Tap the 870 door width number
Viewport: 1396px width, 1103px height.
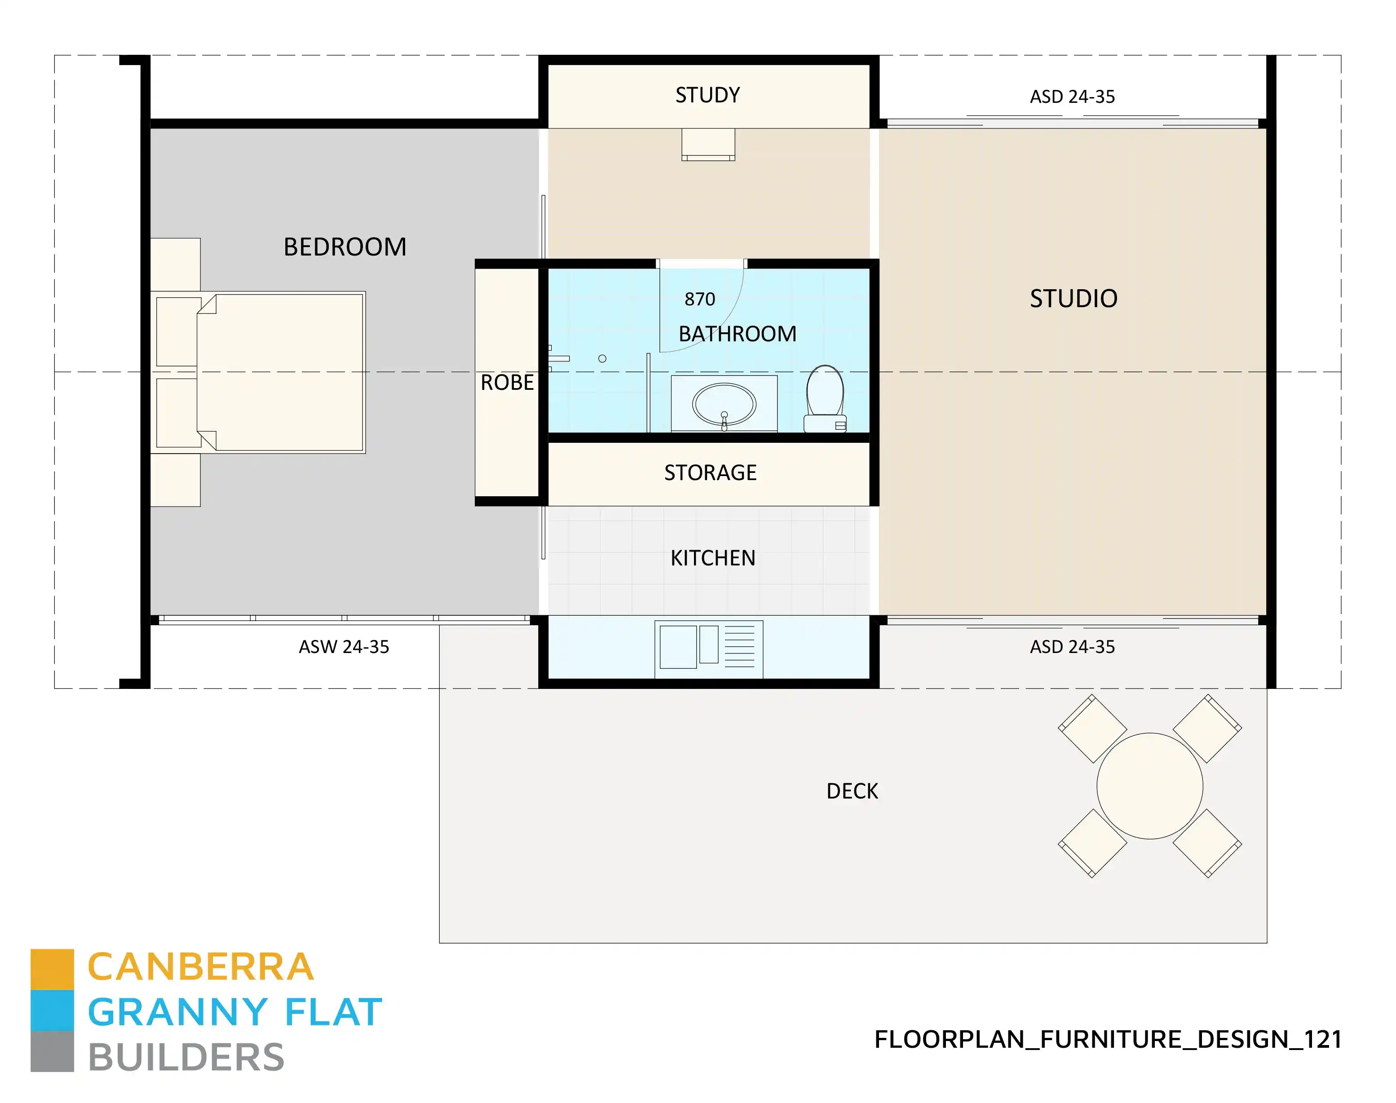pyautogui.click(x=700, y=300)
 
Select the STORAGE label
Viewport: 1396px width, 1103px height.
pyautogui.click(x=710, y=473)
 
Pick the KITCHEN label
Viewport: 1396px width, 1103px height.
pyautogui.click(x=713, y=558)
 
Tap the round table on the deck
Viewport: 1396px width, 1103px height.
pyautogui.click(x=1149, y=786)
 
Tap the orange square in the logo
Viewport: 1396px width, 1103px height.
pyautogui.click(x=52, y=969)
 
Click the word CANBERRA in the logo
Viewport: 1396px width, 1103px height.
pyautogui.click(x=200, y=967)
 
